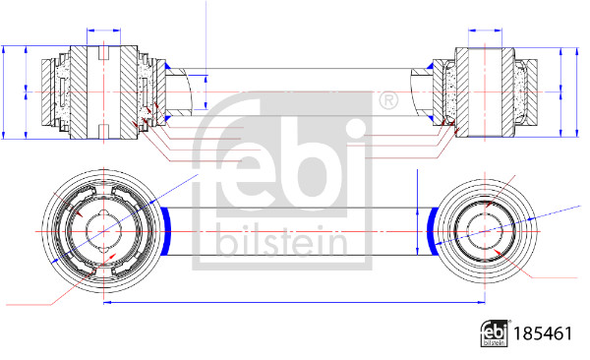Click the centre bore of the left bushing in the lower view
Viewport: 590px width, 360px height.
coord(102,230)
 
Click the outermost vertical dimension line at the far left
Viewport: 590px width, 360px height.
coord(7,91)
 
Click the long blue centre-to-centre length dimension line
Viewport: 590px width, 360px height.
coord(295,302)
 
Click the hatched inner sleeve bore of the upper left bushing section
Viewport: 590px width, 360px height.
coord(103,91)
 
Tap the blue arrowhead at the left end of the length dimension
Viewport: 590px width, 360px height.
coord(107,302)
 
